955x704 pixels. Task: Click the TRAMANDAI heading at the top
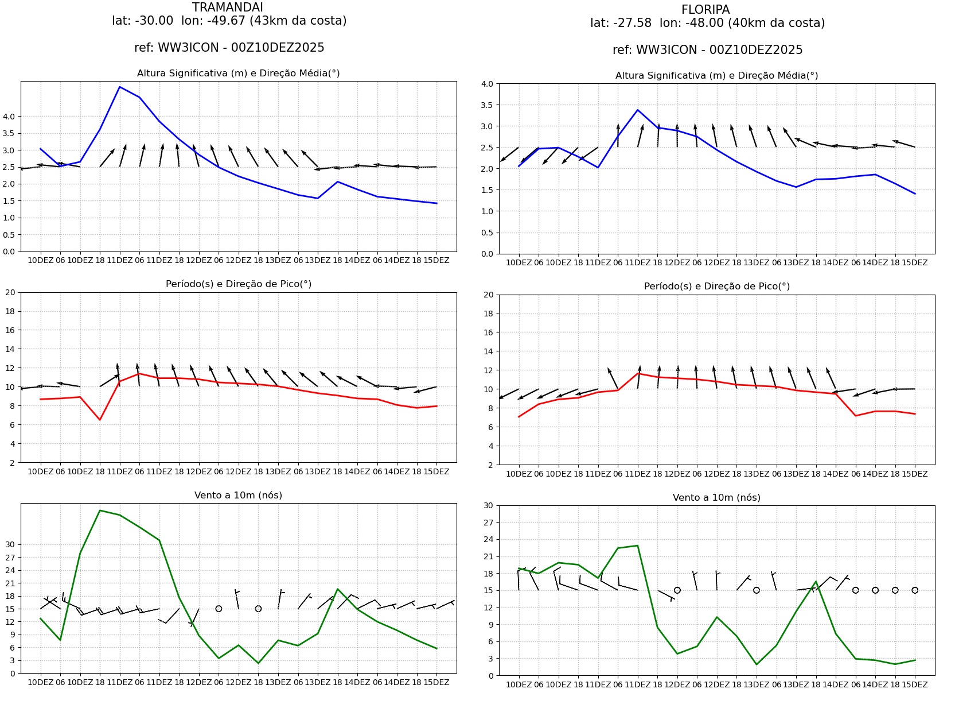[x=228, y=7]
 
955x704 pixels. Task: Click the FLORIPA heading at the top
[x=705, y=10]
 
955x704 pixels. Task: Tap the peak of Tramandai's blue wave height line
[x=119, y=87]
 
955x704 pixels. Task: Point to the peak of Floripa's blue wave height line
[x=638, y=110]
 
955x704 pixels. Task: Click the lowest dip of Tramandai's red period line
[x=100, y=420]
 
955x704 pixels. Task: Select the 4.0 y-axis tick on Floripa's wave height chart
[x=487, y=84]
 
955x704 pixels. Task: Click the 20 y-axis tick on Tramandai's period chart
[x=10, y=292]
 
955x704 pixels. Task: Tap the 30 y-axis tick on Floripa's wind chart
[x=488, y=506]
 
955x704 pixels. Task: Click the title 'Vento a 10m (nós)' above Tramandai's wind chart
[x=238, y=495]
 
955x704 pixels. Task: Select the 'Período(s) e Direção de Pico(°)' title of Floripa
[x=716, y=286]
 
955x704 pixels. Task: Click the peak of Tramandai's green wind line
[x=100, y=510]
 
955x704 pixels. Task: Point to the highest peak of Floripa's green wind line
[x=638, y=546]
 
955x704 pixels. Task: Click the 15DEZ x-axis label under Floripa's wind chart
[x=915, y=685]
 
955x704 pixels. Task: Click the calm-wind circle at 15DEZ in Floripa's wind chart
[x=915, y=590]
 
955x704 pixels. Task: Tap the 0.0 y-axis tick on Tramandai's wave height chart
[x=9, y=252]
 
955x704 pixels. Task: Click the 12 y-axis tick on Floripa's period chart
[x=488, y=370]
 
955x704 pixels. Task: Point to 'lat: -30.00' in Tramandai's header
[x=142, y=21]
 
